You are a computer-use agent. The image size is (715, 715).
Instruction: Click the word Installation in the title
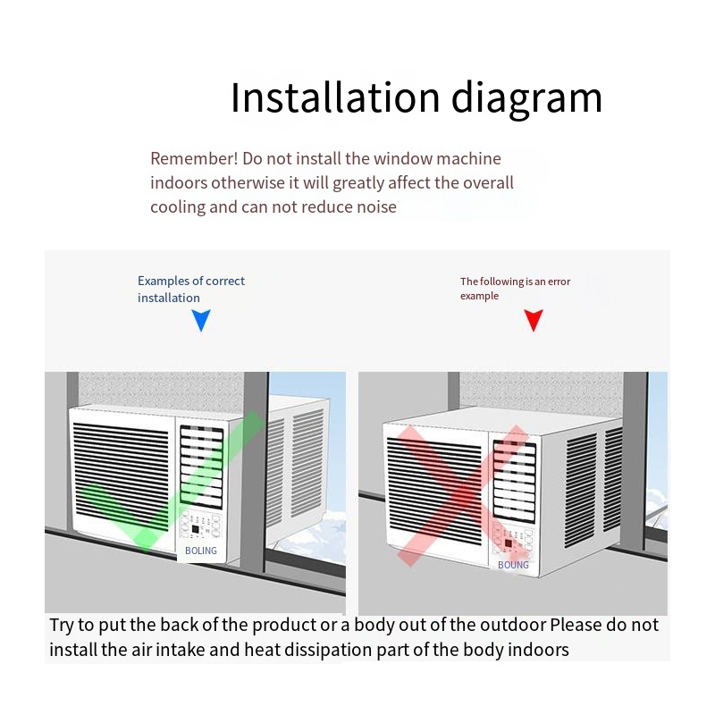(x=334, y=97)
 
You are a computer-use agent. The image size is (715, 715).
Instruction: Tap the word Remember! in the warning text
(x=181, y=159)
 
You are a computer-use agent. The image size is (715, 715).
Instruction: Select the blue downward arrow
(x=201, y=320)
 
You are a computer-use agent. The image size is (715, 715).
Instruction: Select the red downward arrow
(x=534, y=320)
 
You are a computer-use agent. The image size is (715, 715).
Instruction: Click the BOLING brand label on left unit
(x=201, y=551)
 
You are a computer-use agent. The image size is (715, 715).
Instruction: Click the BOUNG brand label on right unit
(x=513, y=565)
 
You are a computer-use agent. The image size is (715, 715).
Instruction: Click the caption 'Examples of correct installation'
(x=190, y=289)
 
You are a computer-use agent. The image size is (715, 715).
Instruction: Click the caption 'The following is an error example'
(x=515, y=288)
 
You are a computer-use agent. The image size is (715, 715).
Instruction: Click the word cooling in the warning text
(x=177, y=206)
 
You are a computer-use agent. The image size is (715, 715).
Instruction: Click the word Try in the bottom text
(x=62, y=625)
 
